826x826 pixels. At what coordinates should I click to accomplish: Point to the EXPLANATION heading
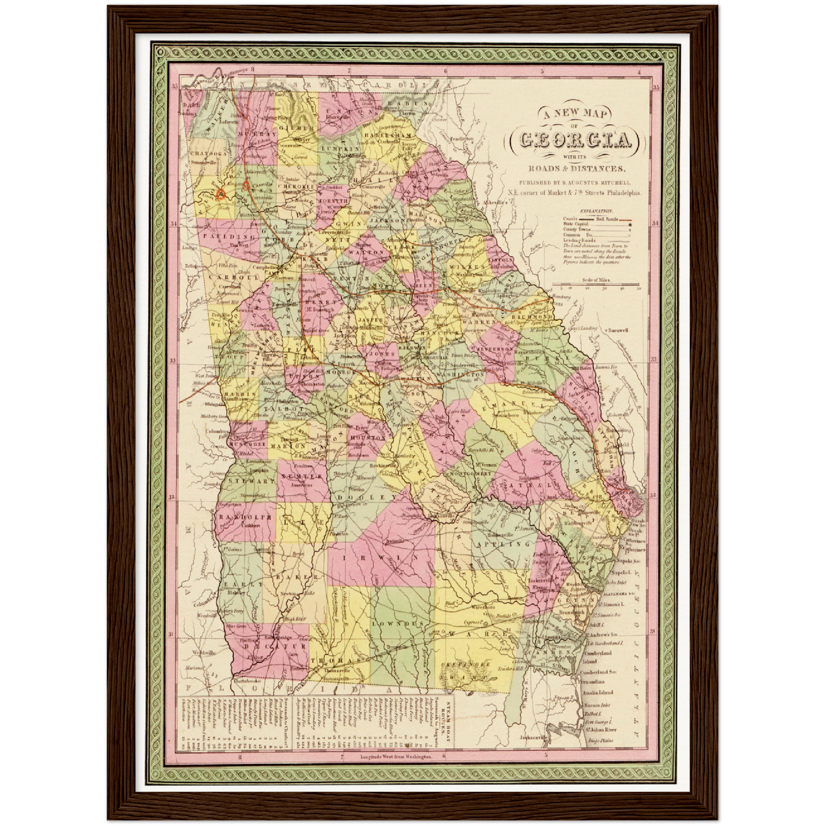[x=596, y=211]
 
